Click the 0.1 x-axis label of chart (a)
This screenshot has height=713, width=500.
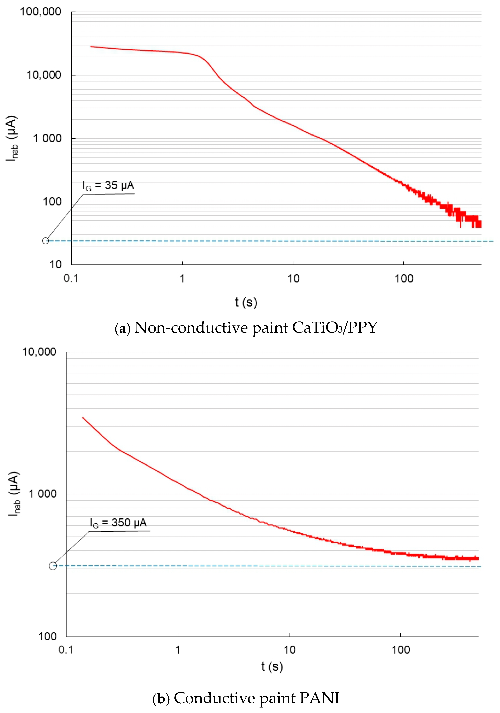coord(71,278)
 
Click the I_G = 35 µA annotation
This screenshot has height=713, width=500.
coord(108,186)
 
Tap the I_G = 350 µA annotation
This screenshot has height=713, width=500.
coord(118,523)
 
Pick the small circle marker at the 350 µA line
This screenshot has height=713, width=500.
coord(53,566)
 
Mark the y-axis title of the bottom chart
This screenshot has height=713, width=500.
coord(14,494)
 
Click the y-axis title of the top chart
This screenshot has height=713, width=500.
coord(12,138)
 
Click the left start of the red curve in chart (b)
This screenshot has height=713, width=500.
coord(83,418)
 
